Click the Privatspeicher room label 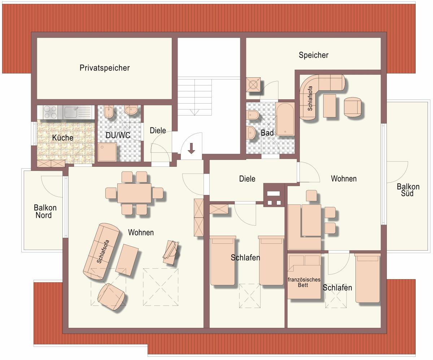pos(105,68)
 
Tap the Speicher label pos(314,55)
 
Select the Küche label pos(63,138)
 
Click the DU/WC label pos(118,135)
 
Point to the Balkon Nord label pos(45,212)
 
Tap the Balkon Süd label pos(408,190)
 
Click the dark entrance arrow pos(191,148)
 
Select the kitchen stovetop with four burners pos(51,112)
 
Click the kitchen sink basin pos(70,112)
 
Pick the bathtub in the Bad pos(285,119)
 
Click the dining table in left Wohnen pos(134,193)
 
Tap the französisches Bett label pos(304,282)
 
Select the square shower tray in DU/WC pos(107,152)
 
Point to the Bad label pos(267,133)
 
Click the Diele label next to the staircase pos(158,130)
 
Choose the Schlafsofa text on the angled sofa pos(103,252)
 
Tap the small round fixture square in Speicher pos(253,84)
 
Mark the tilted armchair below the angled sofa pos(111,297)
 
